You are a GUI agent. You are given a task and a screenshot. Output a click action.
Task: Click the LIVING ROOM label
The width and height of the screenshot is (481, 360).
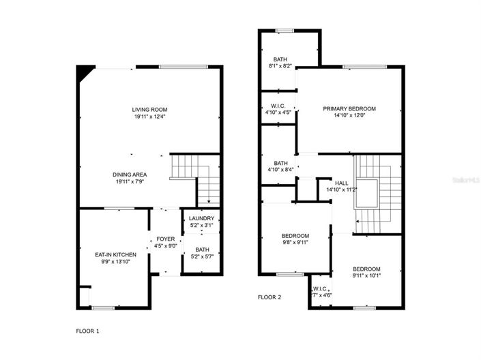pos(150,109)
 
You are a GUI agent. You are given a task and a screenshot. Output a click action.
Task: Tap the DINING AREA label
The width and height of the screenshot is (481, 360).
pos(130,175)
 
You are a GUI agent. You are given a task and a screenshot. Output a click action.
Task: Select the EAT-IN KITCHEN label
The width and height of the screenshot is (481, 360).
pos(115,254)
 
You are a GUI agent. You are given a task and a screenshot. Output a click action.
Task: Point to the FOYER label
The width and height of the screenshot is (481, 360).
pos(165,239)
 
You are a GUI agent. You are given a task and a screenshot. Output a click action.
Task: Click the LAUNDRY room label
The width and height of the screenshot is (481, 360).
pos(201,218)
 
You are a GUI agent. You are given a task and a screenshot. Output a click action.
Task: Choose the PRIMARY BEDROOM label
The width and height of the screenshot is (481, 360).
pos(349,108)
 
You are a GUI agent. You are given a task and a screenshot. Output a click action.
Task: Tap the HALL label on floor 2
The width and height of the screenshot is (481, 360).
pos(342,183)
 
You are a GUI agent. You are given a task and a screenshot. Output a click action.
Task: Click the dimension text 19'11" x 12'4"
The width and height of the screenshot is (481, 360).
pos(150,117)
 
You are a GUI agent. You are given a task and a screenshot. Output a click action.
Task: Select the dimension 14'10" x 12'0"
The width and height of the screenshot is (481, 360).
pos(349,115)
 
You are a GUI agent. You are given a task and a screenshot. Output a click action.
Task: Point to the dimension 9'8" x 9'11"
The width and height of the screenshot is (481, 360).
pos(295,241)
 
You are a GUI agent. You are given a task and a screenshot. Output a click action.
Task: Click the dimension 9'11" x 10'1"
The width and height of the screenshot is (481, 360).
pos(366,276)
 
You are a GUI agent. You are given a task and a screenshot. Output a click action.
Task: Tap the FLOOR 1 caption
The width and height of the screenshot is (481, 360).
pos(87,331)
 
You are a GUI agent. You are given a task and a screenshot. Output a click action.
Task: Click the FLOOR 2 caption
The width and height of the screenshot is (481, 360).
pos(269,297)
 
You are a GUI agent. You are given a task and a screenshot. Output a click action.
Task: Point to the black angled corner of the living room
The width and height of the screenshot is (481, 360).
pos(84,72)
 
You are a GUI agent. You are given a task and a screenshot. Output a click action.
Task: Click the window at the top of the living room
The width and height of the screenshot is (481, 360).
pos(179,66)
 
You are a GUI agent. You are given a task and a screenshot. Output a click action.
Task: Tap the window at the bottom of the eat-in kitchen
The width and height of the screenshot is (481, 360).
pos(103,307)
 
